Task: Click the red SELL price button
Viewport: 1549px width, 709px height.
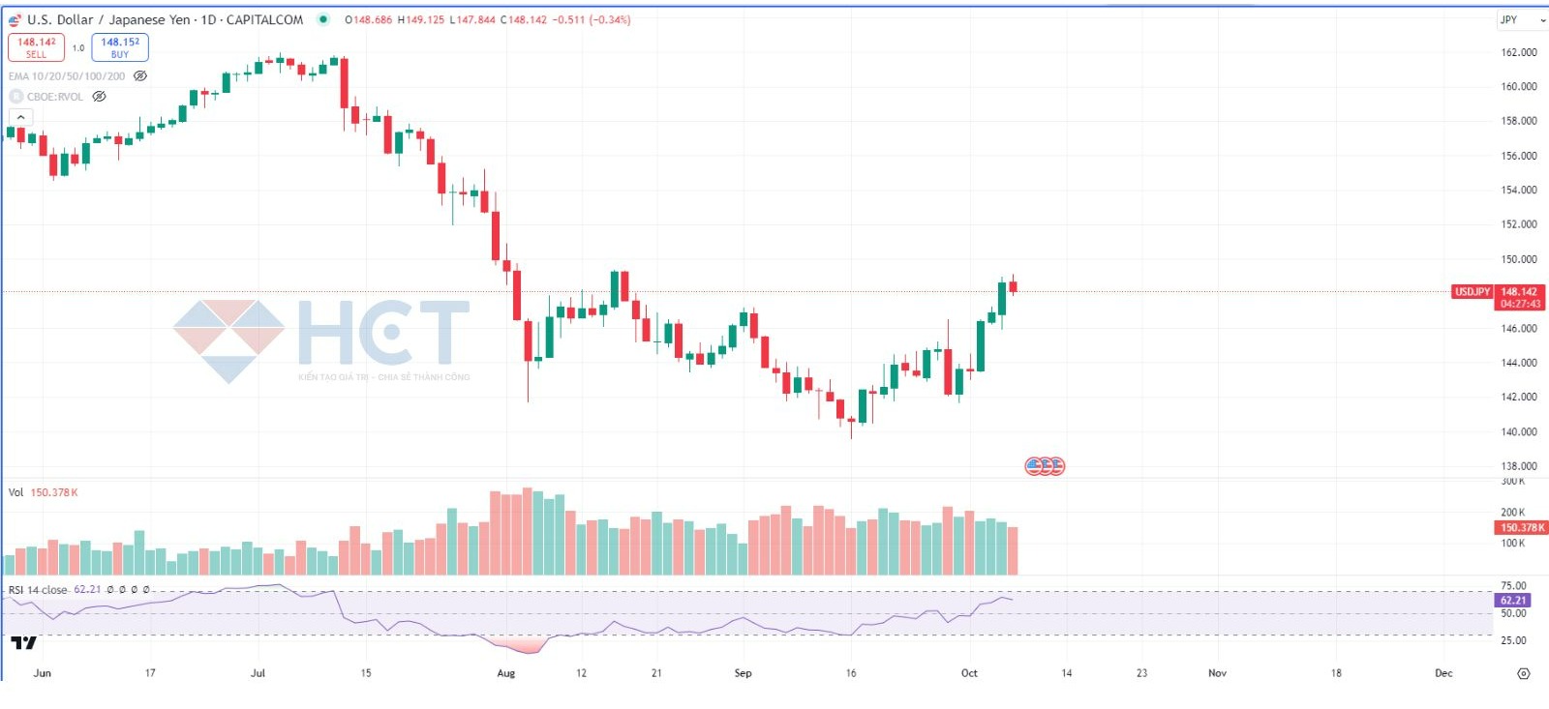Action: pos(36,47)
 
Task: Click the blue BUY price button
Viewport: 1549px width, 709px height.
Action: pos(120,47)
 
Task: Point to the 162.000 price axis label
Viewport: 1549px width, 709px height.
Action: pos(1518,52)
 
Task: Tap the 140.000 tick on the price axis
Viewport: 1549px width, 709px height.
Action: pos(1518,432)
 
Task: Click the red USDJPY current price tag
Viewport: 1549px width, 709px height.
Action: pos(1472,292)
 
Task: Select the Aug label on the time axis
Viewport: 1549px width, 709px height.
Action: pos(505,673)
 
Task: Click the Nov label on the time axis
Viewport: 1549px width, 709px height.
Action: pos(1217,673)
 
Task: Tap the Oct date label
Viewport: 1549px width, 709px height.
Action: pos(969,673)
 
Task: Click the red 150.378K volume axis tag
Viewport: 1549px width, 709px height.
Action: pos(1522,528)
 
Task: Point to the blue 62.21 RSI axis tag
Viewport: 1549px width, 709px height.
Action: pos(1512,601)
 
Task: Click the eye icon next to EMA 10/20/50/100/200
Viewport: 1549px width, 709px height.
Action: pos(140,76)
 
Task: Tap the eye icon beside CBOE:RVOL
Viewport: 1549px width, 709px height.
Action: pos(99,97)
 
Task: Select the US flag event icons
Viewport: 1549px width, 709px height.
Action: pos(1045,466)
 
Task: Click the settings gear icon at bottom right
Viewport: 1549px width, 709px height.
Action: pos(1523,673)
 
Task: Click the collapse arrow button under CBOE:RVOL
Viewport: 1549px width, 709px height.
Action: pos(20,117)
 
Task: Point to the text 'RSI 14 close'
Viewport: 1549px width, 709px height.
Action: pos(38,590)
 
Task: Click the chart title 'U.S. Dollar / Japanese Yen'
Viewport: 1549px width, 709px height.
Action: pos(107,20)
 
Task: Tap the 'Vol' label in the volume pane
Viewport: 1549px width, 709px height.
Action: pos(15,492)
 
